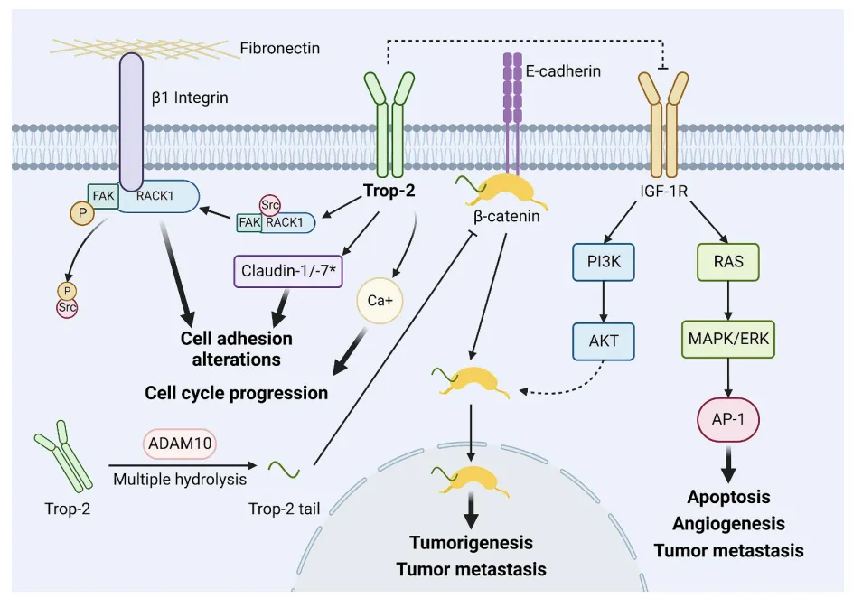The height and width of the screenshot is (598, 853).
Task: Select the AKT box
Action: tap(602, 341)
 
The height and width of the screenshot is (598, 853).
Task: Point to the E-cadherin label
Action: tap(563, 70)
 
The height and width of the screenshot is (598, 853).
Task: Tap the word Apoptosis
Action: tap(728, 497)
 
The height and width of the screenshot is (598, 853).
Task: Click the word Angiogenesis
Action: tap(728, 523)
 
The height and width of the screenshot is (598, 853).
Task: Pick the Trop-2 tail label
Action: tap(286, 508)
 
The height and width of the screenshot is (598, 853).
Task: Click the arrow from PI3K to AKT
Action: tap(602, 302)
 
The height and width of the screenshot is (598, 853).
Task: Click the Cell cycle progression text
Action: tap(237, 393)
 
